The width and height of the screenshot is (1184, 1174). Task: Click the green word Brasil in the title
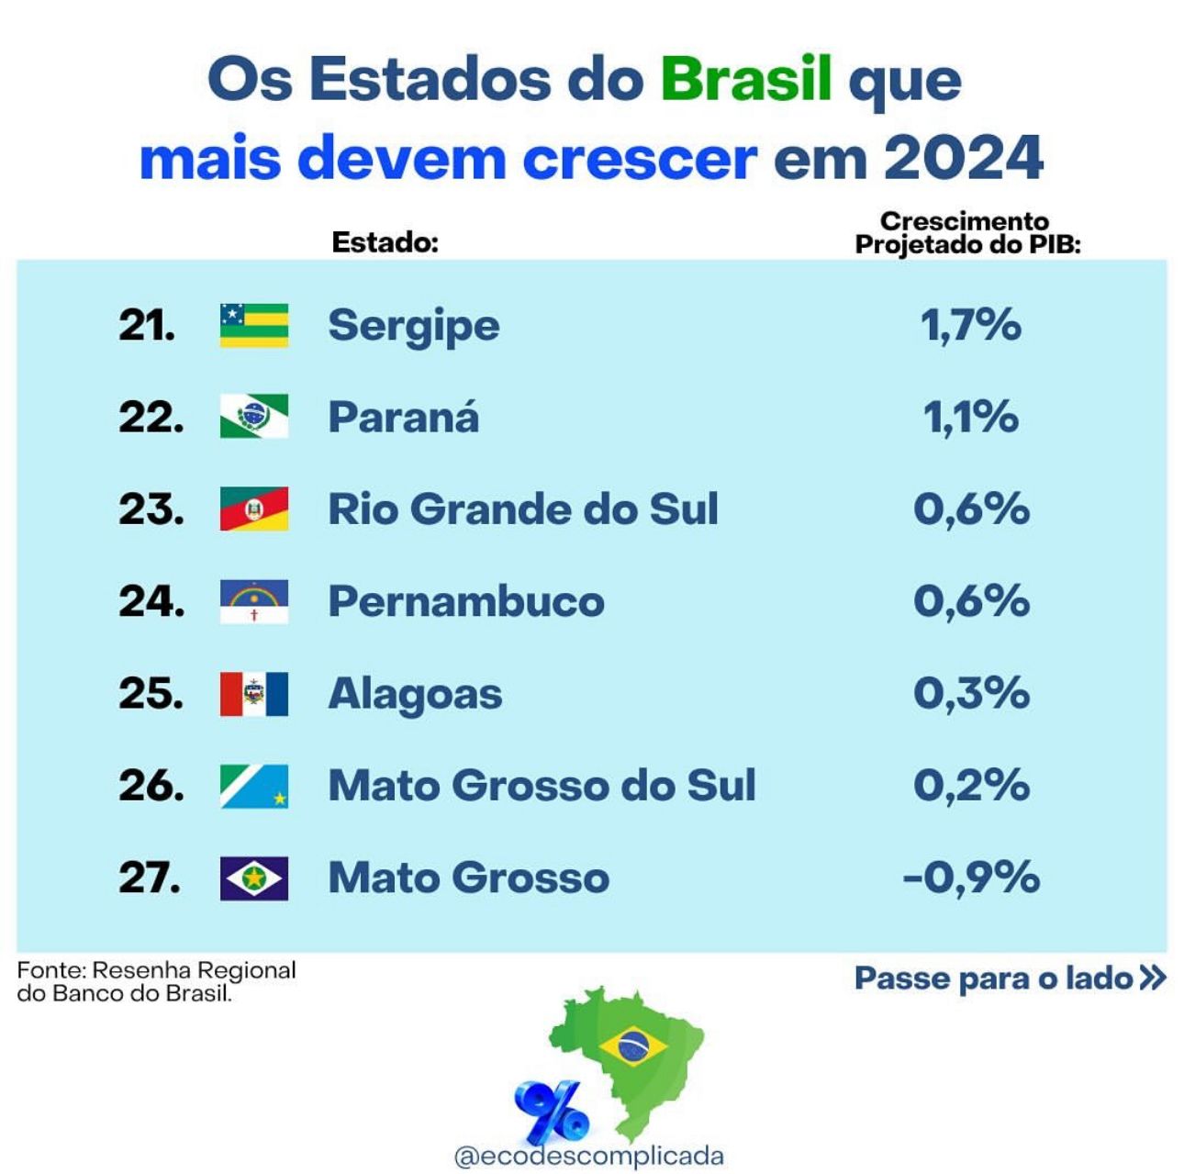[x=745, y=79]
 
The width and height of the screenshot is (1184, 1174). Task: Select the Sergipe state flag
[x=254, y=325]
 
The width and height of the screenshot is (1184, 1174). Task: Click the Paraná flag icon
[x=254, y=417]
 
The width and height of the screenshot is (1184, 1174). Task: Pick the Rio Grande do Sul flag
[x=254, y=509]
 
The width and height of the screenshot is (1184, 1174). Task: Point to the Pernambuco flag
[x=254, y=601]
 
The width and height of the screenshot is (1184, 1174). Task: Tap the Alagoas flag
[x=254, y=694]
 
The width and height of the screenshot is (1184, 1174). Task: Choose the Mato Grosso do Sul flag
[x=254, y=786]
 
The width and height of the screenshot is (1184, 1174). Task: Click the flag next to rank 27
[x=254, y=878]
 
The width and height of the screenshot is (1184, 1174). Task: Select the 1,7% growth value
[x=971, y=325]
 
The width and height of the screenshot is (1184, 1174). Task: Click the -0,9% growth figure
[x=971, y=878]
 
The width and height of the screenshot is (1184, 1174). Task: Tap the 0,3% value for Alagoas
[x=971, y=694]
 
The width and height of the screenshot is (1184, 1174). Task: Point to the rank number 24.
[x=151, y=601]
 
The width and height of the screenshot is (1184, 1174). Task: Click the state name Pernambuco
[x=466, y=601]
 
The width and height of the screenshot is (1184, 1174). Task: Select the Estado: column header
[x=385, y=242]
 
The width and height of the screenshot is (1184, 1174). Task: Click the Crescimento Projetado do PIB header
[x=966, y=233]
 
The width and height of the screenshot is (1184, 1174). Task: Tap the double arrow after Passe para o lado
[x=1152, y=978]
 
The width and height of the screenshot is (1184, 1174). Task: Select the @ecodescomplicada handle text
[x=588, y=1156]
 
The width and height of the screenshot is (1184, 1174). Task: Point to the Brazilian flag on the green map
[x=631, y=1045]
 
